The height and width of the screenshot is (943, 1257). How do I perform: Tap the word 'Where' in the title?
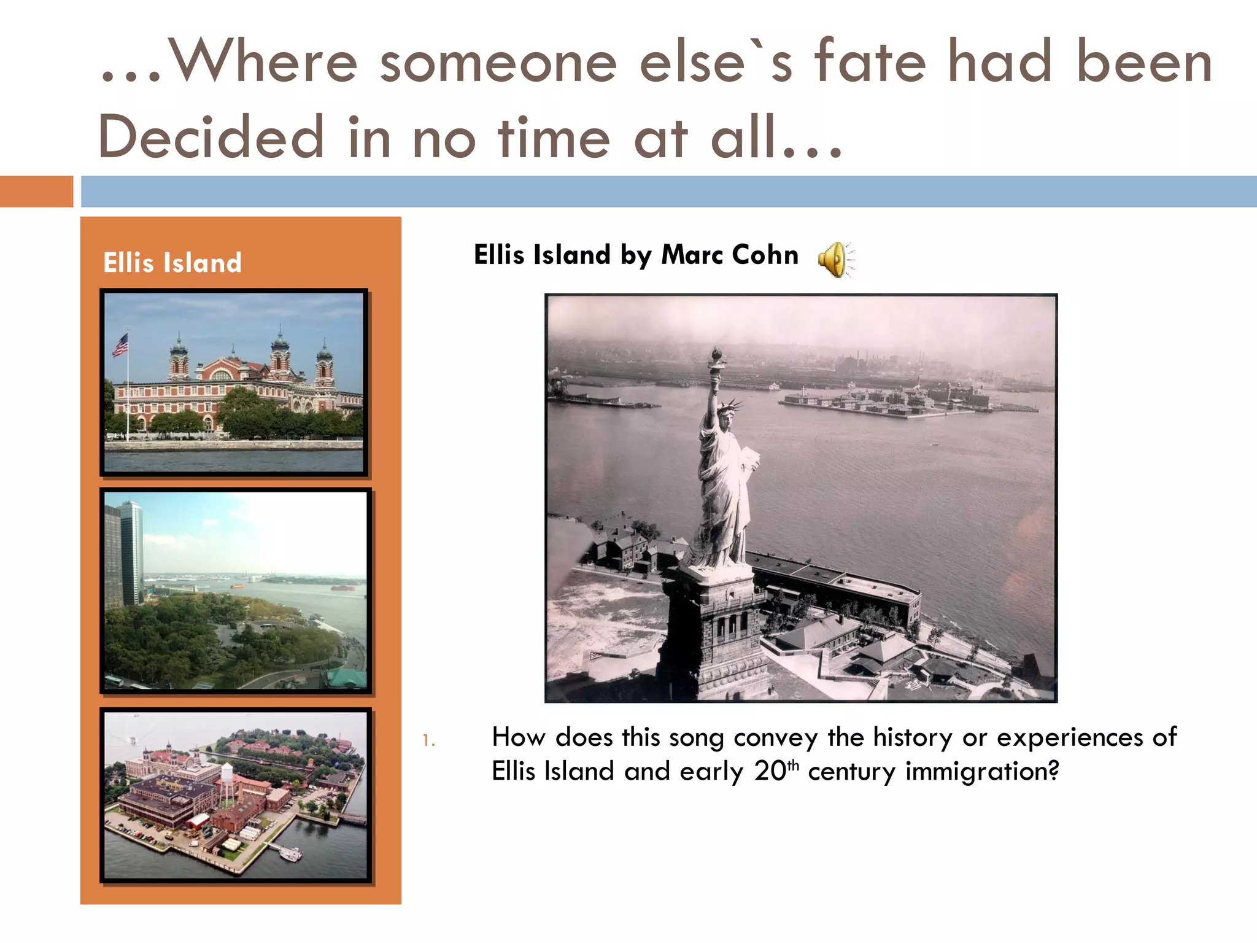263,62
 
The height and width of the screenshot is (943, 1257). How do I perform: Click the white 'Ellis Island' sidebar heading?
172,263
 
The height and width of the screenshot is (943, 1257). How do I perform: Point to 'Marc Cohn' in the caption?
730,255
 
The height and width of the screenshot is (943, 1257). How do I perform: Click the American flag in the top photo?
120,345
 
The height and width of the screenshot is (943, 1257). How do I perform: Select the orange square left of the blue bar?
36,192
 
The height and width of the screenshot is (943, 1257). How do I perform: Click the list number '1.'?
428,741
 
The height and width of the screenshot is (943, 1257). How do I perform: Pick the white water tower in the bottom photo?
226,775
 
